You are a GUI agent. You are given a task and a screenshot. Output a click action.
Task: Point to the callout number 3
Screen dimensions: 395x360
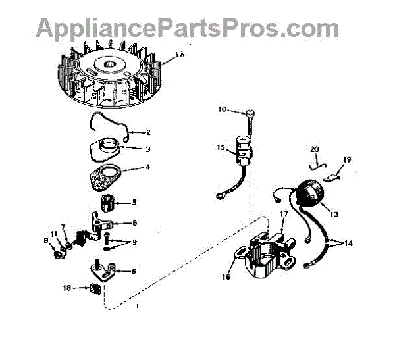[x=147, y=149]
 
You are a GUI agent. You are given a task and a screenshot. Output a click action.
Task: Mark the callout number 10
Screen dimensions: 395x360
[x=222, y=109]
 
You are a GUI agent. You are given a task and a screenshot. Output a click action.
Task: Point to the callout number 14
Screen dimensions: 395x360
[x=348, y=243]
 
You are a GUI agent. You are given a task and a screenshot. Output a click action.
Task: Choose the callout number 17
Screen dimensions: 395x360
[x=284, y=214]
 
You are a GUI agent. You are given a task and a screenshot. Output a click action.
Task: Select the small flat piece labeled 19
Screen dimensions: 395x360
[x=337, y=176]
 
